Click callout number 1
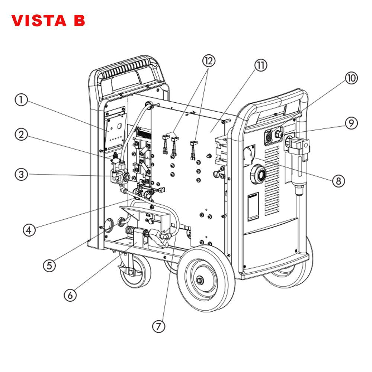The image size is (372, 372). (21, 100)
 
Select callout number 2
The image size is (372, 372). (21, 135)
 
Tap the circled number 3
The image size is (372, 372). (21, 174)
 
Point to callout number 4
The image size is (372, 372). (29, 230)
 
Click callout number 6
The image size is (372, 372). (70, 295)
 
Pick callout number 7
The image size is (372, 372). (159, 326)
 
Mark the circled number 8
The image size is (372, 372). (338, 180)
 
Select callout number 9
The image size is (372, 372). (350, 123)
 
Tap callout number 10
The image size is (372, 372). (350, 78)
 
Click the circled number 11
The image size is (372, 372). (260, 65)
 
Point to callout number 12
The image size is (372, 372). (209, 61)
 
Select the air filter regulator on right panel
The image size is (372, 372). (299, 164)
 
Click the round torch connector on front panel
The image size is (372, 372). (259, 173)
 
